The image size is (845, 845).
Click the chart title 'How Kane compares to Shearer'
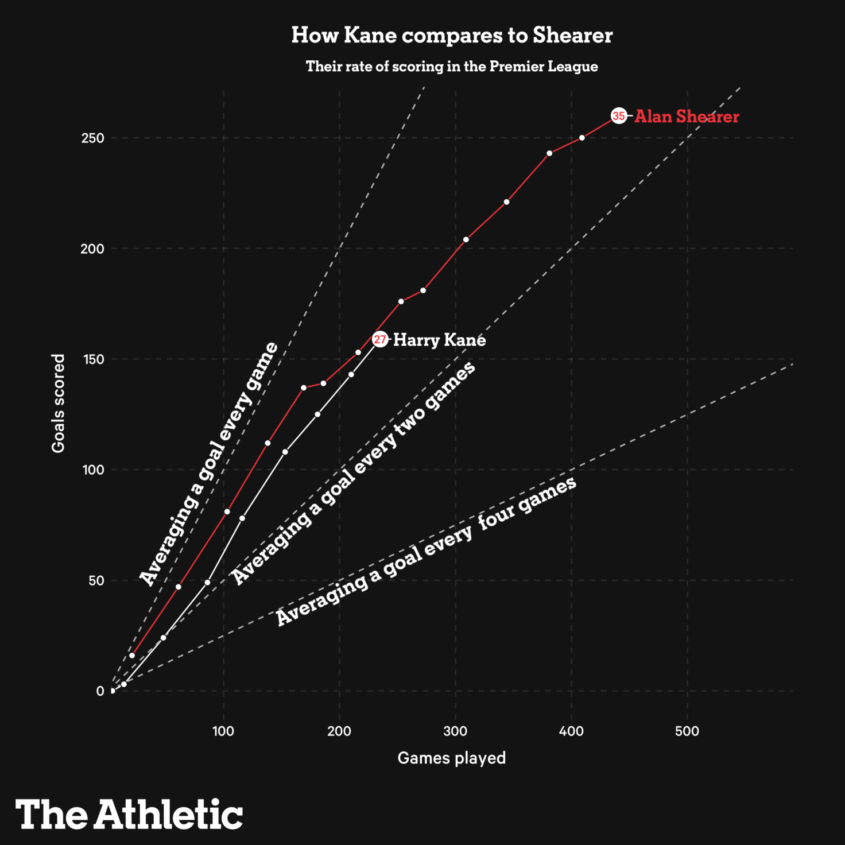click(x=452, y=36)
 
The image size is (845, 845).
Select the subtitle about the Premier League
click(x=452, y=67)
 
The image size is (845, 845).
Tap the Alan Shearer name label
click(x=687, y=117)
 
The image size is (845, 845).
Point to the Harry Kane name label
click(x=439, y=340)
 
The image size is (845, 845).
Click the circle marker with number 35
click(x=618, y=116)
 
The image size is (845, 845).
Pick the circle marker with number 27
click(x=380, y=339)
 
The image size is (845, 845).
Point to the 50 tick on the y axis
click(x=96, y=580)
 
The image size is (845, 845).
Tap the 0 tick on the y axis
click(x=100, y=691)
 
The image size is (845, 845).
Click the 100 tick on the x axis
click(x=223, y=731)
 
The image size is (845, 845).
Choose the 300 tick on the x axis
click(x=455, y=731)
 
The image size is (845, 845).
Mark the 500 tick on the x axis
click(x=687, y=731)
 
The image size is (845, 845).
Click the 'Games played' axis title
click(x=452, y=758)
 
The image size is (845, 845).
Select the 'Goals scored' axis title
click(x=59, y=403)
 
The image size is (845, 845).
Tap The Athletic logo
click(x=129, y=814)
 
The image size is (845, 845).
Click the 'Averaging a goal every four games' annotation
click(x=426, y=551)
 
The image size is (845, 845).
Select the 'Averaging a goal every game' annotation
click(x=210, y=464)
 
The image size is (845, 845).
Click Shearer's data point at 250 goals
click(x=582, y=138)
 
